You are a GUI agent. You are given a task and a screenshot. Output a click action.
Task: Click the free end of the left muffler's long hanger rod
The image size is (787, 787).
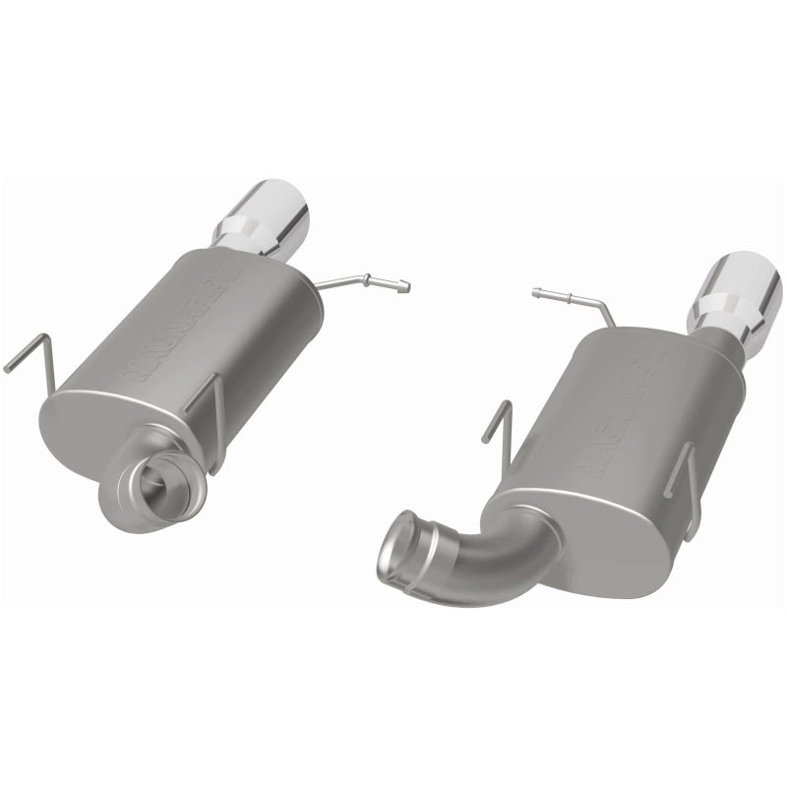pos(403,286)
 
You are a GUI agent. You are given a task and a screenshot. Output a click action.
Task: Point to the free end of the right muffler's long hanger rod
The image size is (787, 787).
pos(537,291)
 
